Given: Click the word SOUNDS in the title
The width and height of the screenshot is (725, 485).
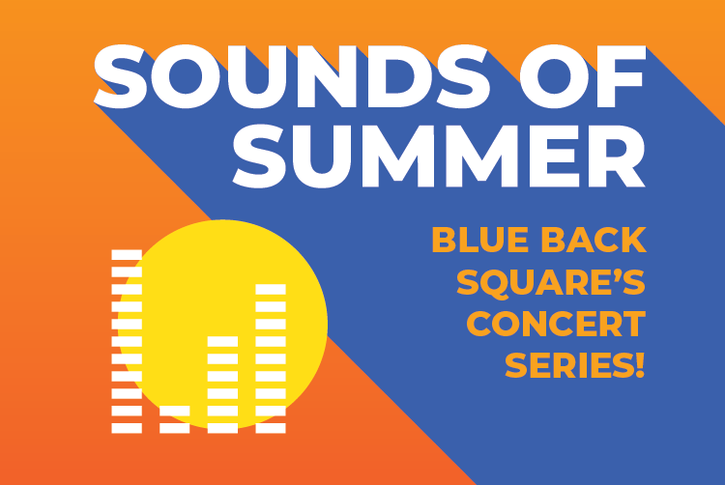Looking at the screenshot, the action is pyautogui.click(x=292, y=76).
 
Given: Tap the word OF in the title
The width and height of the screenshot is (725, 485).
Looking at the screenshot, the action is pyautogui.click(x=583, y=76).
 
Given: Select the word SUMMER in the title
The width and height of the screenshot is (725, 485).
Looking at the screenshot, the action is pyautogui.click(x=439, y=157).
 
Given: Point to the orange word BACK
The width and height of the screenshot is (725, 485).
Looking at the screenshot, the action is pyautogui.click(x=594, y=240).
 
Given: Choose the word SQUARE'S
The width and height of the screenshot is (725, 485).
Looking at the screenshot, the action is pyautogui.click(x=551, y=283).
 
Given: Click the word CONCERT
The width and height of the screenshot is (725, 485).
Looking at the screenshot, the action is pyautogui.click(x=556, y=324).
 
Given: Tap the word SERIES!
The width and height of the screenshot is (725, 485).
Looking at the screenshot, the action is pyautogui.click(x=575, y=365).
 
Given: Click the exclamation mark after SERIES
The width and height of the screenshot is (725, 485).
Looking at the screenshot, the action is pyautogui.click(x=640, y=365).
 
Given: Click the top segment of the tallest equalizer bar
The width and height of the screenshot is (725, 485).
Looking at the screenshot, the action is pyautogui.click(x=127, y=254).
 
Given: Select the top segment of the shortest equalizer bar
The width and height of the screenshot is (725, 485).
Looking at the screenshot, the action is pyautogui.click(x=175, y=411).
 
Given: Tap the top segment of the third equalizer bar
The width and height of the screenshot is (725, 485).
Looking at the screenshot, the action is pyautogui.click(x=223, y=341).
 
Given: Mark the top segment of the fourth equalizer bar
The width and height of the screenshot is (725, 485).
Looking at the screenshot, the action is pyautogui.click(x=271, y=289).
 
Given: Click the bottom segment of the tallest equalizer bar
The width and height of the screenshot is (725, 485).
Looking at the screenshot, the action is pyautogui.click(x=127, y=428).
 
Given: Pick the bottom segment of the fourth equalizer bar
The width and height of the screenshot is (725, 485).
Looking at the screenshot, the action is pyautogui.click(x=271, y=428).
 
